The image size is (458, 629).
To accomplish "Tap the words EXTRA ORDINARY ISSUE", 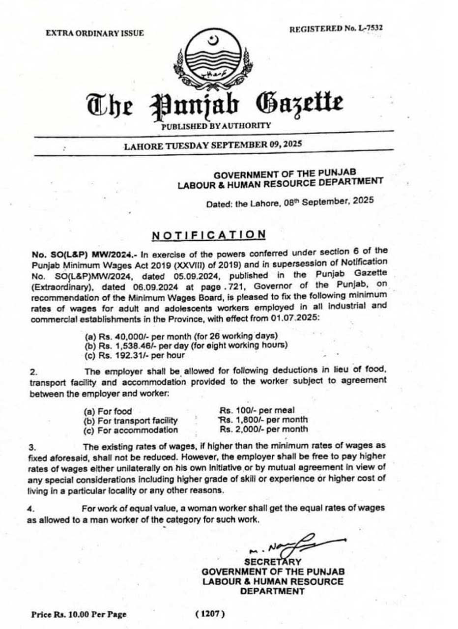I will (95, 33).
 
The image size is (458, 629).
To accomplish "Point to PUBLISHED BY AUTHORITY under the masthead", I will (216, 125).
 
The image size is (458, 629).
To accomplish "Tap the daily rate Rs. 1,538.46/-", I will (124, 344).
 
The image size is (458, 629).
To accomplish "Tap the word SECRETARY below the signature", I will (273, 562).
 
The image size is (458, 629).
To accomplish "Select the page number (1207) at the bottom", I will (210, 614).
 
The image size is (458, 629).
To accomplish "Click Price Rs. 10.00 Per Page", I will (79, 614).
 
